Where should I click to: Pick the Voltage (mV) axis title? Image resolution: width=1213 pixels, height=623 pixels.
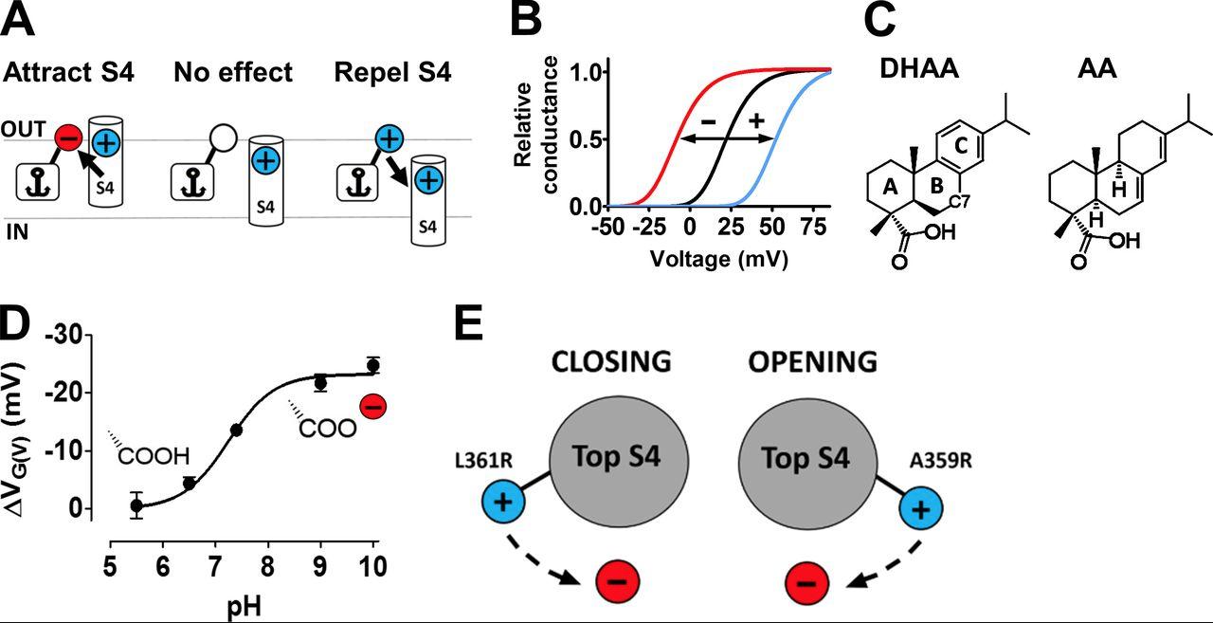click(718, 256)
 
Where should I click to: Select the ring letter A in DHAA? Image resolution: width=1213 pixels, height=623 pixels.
click(890, 188)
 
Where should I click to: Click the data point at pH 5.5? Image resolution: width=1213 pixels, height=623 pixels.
click(136, 505)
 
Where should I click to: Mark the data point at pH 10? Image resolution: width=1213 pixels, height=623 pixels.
click(373, 365)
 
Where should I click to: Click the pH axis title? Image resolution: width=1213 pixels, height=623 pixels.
click(244, 605)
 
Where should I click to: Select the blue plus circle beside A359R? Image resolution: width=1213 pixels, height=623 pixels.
click(919, 509)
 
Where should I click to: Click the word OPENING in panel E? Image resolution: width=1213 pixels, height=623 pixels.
click(809, 362)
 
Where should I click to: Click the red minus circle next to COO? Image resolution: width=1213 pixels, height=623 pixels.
click(373, 408)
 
